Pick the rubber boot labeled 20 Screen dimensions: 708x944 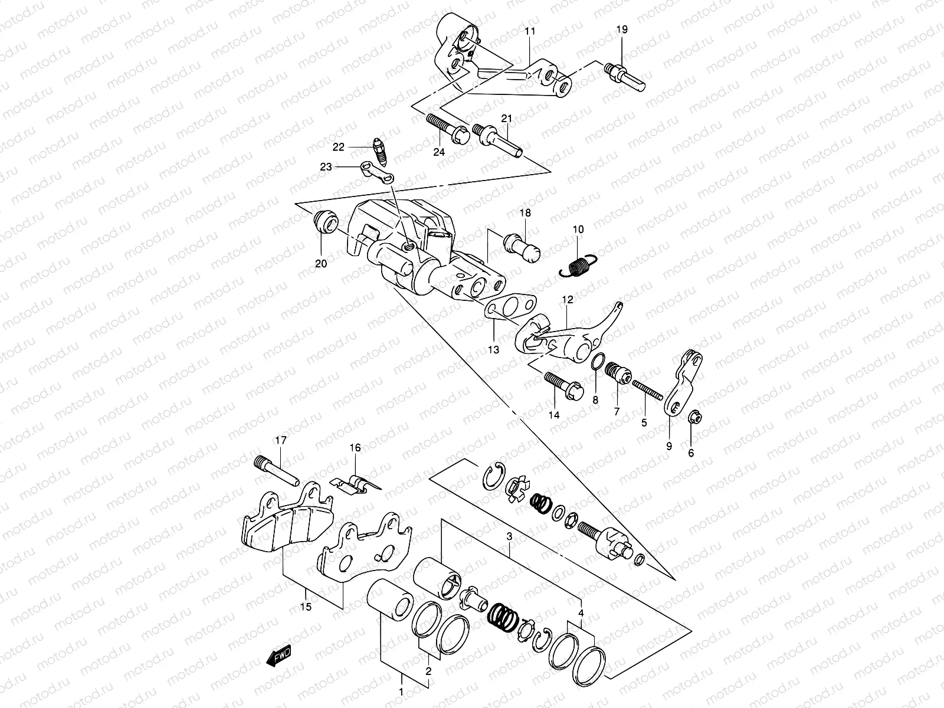pyautogui.click(x=324, y=222)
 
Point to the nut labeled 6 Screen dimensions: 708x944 pyautogui.click(x=695, y=418)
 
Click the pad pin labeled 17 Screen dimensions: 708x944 pyautogui.click(x=278, y=471)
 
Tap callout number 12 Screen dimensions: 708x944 pyautogui.click(x=567, y=300)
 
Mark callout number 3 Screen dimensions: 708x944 pyautogui.click(x=509, y=537)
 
